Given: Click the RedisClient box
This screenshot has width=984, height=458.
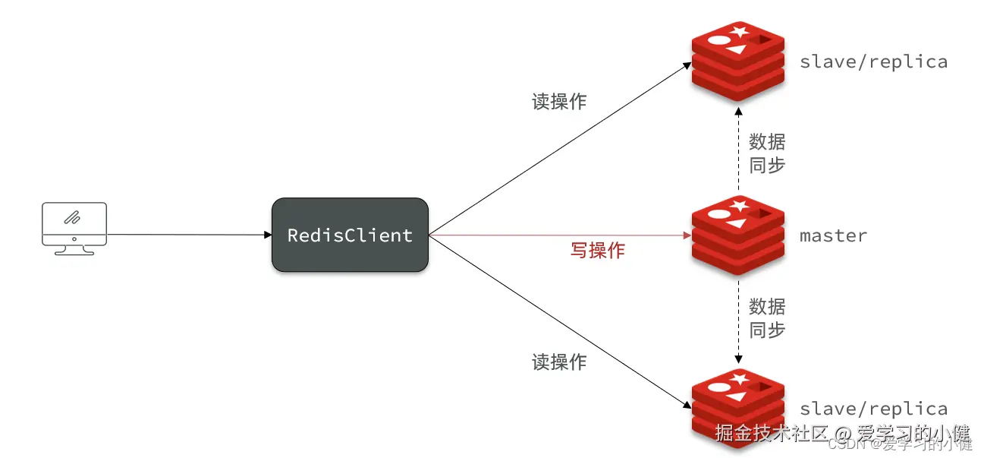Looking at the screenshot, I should coord(350,235).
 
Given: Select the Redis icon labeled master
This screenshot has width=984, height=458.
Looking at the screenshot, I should coord(737,236).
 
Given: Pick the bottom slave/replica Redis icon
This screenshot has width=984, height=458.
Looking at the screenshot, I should coord(737,409).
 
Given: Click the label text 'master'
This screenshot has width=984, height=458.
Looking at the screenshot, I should coord(833,236).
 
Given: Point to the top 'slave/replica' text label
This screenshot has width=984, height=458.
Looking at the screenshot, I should coord(873,62).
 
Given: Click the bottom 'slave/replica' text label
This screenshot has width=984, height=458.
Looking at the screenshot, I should coord(873,409).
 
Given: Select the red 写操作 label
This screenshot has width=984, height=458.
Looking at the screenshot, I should coord(597,251).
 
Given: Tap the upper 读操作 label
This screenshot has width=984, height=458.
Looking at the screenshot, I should coord(559,102).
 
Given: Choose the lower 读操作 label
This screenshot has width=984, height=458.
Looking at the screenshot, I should coord(559,362).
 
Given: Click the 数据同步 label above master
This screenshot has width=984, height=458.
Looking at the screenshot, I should coord(767,153).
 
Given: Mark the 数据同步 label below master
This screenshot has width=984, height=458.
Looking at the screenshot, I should coord(767,318).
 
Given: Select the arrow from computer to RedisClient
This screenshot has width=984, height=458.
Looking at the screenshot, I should coord(190,235).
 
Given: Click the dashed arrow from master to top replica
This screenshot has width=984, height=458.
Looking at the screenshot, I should coord(737,152).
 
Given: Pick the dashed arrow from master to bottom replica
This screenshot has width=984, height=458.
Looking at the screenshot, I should coord(737,319).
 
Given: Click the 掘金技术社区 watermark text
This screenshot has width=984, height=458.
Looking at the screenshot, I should coord(770,434).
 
